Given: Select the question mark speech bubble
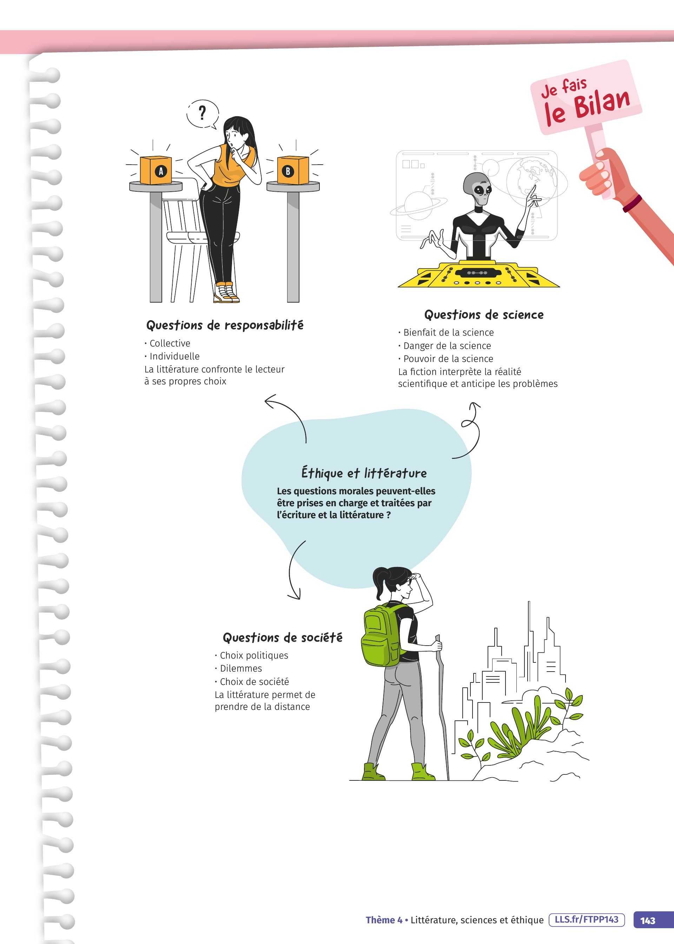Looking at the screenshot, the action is pos(203,114).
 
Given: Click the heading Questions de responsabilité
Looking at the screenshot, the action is pos(225,325).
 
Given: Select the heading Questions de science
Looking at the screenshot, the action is pos(483,315).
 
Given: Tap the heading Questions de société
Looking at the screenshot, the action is pos(283,638).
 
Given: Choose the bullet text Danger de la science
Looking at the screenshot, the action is pos(447,346).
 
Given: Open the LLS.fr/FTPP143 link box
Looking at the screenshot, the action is pos(587,919).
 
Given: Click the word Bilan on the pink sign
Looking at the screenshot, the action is pos(602,104).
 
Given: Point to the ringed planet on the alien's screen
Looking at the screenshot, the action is pos(418,205).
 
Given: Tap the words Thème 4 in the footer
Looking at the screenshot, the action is pos(384,920).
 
